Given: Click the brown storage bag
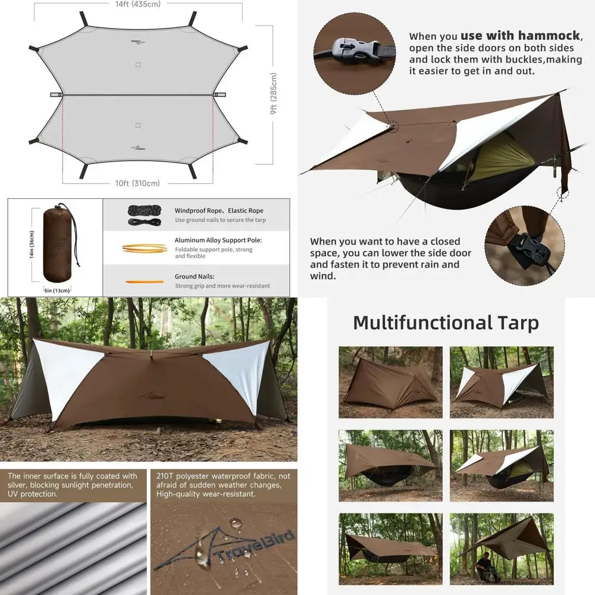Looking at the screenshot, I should tap(58, 243).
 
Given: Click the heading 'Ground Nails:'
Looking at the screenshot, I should tap(195, 277).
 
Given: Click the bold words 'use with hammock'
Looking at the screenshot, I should tap(508, 36).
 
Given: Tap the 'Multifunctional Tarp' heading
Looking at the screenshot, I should tap(446, 322).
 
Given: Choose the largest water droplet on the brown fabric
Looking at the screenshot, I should tap(236, 523).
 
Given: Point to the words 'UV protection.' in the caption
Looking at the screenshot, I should tap(33, 494).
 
